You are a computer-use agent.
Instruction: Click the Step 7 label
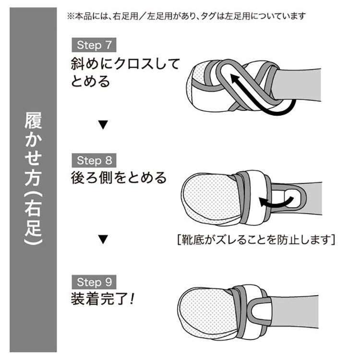(x=94, y=45)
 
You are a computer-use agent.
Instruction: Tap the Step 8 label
(x=94, y=160)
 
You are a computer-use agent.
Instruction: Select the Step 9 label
(x=94, y=282)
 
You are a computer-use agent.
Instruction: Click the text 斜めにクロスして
(x=125, y=63)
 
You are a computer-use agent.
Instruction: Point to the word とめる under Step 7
(x=90, y=81)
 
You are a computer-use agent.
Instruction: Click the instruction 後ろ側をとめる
(x=119, y=178)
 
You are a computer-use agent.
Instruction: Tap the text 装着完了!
(x=102, y=299)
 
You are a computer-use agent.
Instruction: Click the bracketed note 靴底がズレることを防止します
(x=256, y=240)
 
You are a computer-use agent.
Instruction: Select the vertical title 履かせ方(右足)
(x=33, y=179)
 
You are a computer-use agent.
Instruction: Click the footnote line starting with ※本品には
(x=186, y=16)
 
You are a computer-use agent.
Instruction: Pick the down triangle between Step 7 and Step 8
(x=103, y=125)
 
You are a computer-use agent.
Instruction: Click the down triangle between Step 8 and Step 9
(x=103, y=240)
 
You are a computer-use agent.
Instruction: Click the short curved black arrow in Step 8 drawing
(x=276, y=203)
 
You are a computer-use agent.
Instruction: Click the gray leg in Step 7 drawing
(x=299, y=84)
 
